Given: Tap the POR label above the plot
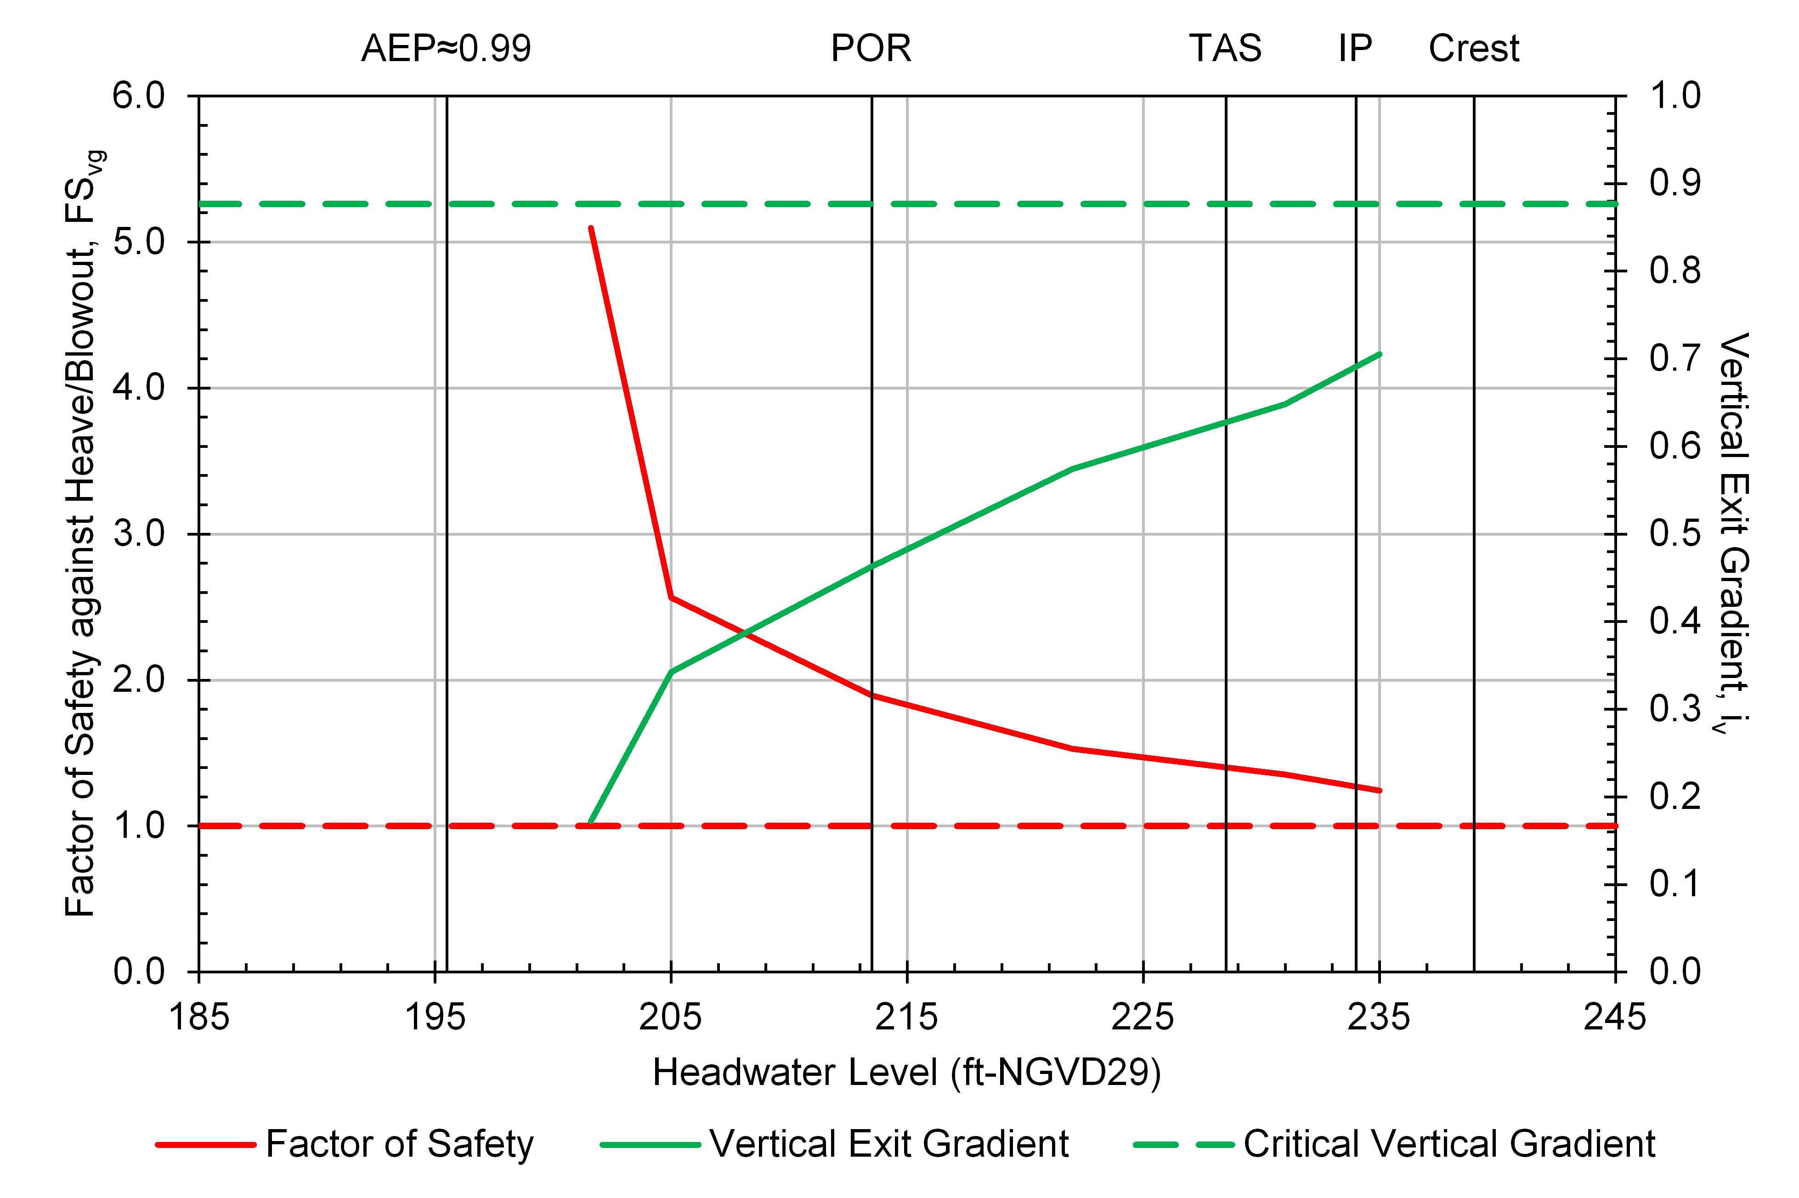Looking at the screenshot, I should (871, 49).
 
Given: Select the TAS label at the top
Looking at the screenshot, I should (1225, 49).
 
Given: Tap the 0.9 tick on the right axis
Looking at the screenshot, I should (1675, 183).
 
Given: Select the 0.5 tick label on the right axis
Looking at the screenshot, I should (1675, 534).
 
